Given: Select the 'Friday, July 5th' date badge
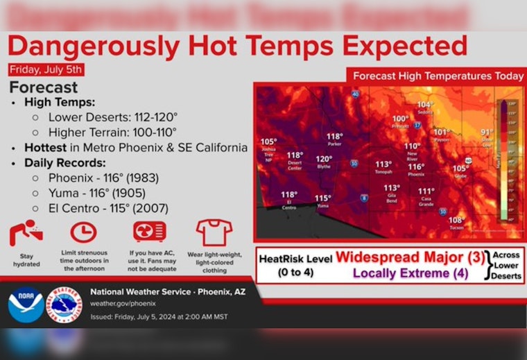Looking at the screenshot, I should point(47,69).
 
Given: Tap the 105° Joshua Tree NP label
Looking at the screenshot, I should point(268,144).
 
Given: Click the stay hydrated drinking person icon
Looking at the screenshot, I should point(26,234).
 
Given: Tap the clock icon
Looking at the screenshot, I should point(84,232).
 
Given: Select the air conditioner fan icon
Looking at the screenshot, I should point(149,232).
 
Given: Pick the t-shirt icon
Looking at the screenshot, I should point(214,232).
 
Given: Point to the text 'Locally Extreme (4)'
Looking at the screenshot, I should point(411,273).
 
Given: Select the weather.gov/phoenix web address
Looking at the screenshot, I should point(123,303).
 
